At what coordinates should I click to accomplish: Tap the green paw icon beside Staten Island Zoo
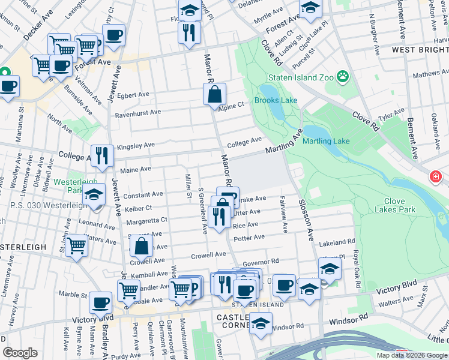[343, 76]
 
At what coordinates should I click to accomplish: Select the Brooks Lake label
[276, 101]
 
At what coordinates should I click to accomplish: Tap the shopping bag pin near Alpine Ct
[214, 94]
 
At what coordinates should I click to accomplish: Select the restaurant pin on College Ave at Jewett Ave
[102, 156]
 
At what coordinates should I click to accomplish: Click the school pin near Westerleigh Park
[94, 194]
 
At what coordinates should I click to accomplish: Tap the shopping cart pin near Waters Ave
[77, 245]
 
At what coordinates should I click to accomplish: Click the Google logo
[20, 353]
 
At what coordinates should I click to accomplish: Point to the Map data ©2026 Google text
[412, 355]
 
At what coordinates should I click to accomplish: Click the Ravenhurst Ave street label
[138, 112]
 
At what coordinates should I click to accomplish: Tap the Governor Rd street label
[261, 262]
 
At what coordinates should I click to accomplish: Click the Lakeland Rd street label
[337, 242]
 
